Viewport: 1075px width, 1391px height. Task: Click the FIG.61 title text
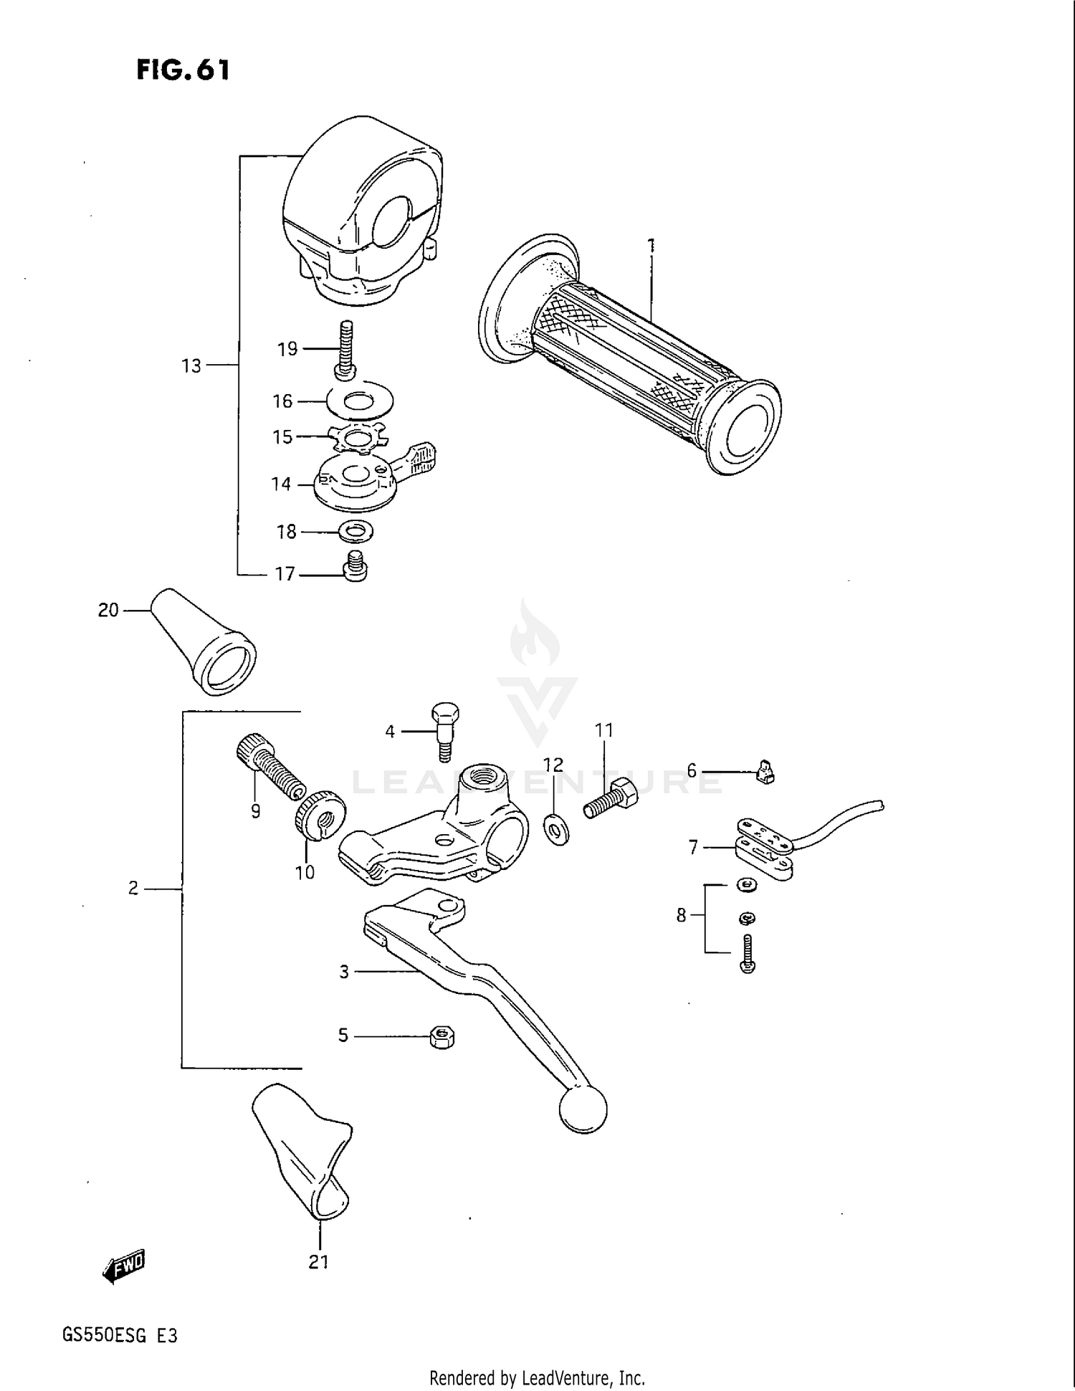click(x=183, y=70)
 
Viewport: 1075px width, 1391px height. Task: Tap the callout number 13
click(x=191, y=366)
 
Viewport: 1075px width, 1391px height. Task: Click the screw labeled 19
click(x=346, y=348)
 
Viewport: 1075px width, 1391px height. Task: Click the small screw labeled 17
click(x=355, y=567)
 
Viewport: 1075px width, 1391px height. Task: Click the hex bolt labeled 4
click(x=444, y=731)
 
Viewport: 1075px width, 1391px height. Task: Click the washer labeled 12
click(x=556, y=828)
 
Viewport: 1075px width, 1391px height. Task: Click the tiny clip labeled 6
click(x=765, y=773)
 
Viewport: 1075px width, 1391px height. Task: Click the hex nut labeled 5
click(x=442, y=1037)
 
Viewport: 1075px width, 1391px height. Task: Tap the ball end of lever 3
click(x=582, y=1109)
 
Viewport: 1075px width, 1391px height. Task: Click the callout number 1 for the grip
click(x=651, y=245)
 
